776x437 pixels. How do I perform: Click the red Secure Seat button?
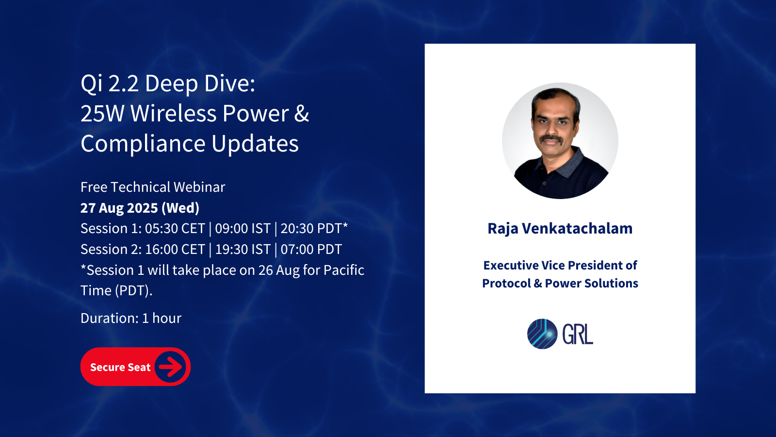135,367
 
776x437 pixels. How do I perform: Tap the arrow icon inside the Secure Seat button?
170,367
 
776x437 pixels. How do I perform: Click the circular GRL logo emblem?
542,334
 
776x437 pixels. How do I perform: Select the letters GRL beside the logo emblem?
578,335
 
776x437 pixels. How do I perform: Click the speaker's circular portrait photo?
560,140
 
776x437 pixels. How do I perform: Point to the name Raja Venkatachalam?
560,229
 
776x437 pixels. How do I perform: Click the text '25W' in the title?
102,114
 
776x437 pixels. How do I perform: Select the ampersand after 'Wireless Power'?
301,114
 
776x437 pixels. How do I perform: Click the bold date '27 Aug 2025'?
119,208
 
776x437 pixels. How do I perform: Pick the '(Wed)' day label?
180,208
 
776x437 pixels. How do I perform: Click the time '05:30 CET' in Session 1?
175,229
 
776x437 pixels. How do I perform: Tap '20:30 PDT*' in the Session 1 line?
314,229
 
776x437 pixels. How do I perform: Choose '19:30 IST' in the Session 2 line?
243,250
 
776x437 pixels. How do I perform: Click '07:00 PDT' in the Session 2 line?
311,250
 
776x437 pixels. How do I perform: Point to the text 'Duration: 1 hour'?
131,318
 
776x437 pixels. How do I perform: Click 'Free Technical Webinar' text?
153,187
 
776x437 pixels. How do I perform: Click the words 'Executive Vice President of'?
560,265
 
